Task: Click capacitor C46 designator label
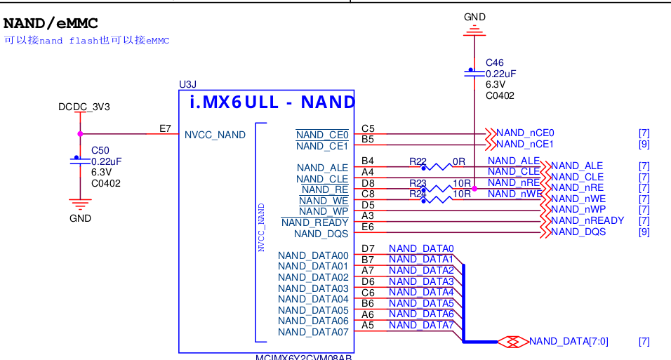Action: click(494, 62)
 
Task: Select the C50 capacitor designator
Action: click(100, 150)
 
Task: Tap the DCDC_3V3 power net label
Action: click(84, 107)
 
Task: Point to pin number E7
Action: click(165, 128)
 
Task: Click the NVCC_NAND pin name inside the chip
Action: click(215, 135)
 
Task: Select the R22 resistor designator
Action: click(418, 161)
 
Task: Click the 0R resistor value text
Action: click(459, 161)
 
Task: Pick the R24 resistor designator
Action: click(418, 194)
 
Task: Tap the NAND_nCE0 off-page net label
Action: click(525, 133)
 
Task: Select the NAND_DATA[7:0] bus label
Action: click(569, 341)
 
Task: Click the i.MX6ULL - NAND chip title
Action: click(272, 102)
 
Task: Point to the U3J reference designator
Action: click(188, 84)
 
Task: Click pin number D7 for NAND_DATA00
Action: click(368, 248)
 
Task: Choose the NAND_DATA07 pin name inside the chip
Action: click(313, 332)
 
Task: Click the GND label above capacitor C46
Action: click(475, 17)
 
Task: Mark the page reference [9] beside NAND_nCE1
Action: click(644, 144)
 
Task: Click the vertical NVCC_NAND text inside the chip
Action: click(261, 227)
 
